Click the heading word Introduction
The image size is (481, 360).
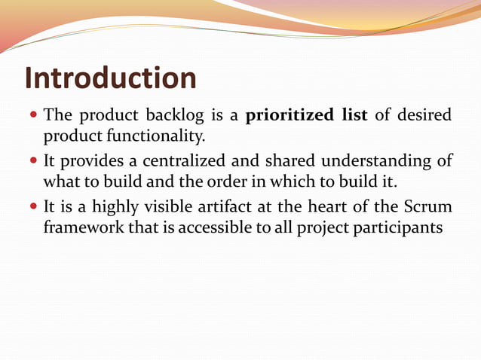pyautogui.click(x=111, y=78)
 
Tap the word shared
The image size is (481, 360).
pyautogui.click(x=291, y=161)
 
